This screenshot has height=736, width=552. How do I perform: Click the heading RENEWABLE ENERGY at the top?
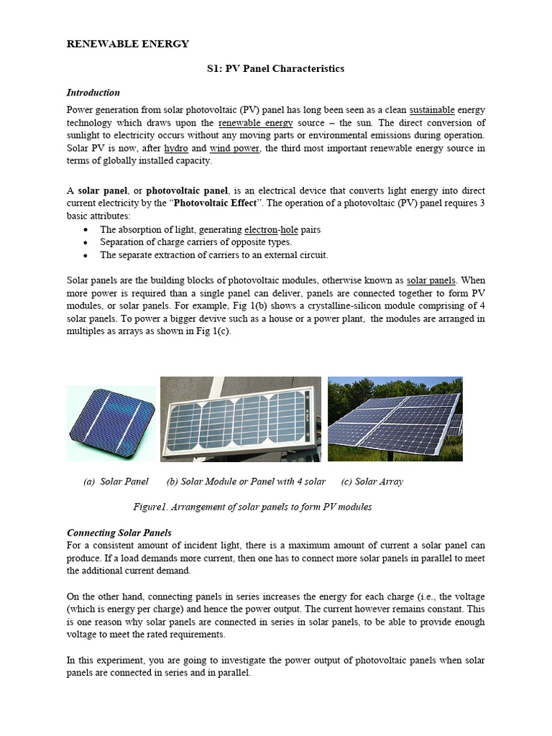coord(128,44)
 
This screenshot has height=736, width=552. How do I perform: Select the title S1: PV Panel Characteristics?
coord(275,68)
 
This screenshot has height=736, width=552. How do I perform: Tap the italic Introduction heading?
coord(93,93)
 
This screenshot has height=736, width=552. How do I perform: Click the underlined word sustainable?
coord(432,110)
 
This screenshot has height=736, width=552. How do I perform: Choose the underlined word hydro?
coord(176,149)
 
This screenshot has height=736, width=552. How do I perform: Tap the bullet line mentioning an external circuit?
coord(213,255)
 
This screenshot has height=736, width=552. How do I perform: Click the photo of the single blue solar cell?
coord(111,423)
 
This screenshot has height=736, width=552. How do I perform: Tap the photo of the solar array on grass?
coord(395,418)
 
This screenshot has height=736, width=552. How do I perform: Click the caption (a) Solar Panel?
coord(116,482)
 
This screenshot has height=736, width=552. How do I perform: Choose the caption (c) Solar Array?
coord(372,482)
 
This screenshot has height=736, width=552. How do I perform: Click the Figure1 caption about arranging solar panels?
coord(252,507)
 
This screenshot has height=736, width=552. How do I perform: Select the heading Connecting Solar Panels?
coord(119,533)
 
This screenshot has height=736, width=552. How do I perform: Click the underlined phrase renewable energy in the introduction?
coord(250,123)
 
